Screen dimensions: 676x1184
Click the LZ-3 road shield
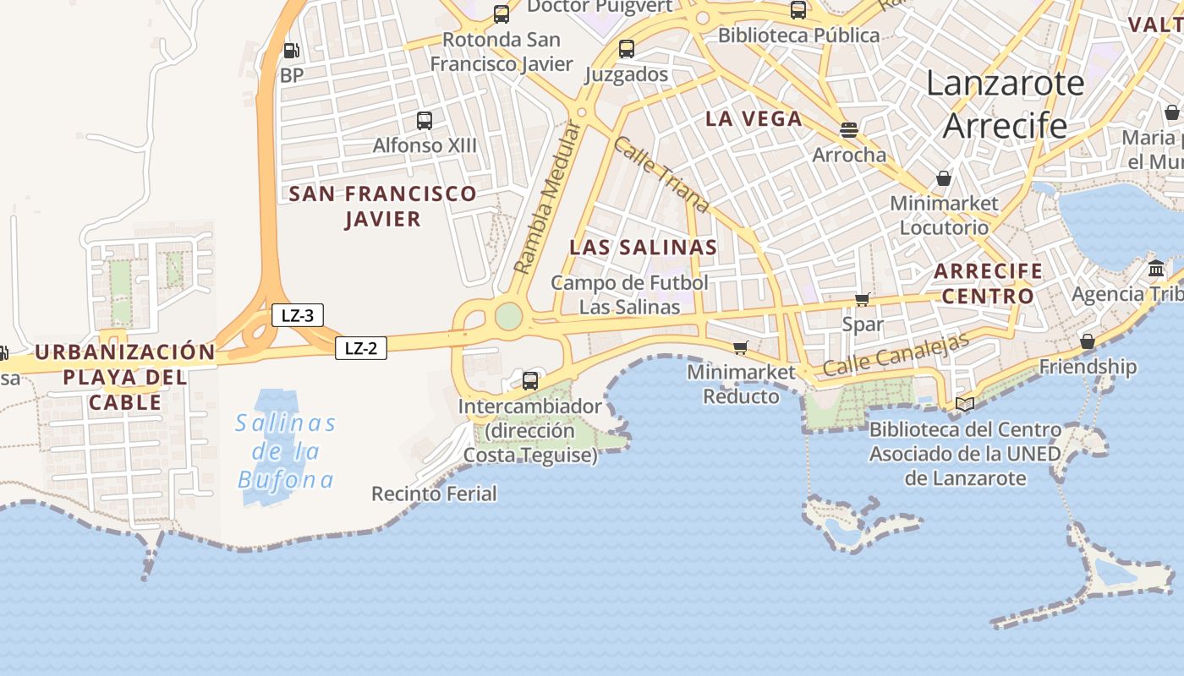298,315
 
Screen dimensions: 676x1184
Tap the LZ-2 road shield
361,347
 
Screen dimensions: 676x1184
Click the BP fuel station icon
291,51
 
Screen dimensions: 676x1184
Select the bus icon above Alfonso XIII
425,121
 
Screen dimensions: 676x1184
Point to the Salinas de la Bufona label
286,451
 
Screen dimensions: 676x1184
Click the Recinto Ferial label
434,493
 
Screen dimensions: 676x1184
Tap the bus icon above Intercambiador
530,380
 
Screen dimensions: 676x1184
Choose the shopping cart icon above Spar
863,299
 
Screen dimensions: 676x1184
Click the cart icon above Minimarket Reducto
741,347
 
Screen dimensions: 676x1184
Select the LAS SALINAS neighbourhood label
643,248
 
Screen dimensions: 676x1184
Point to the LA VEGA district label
754,118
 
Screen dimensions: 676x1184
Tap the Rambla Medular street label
549,198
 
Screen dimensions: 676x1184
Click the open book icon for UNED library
965,404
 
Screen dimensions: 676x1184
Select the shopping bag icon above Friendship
1088,341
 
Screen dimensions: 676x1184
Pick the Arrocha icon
849,130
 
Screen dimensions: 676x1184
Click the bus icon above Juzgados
627,49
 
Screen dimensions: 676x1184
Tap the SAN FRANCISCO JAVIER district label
383,206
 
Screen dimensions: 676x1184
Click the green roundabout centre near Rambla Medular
508,316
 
